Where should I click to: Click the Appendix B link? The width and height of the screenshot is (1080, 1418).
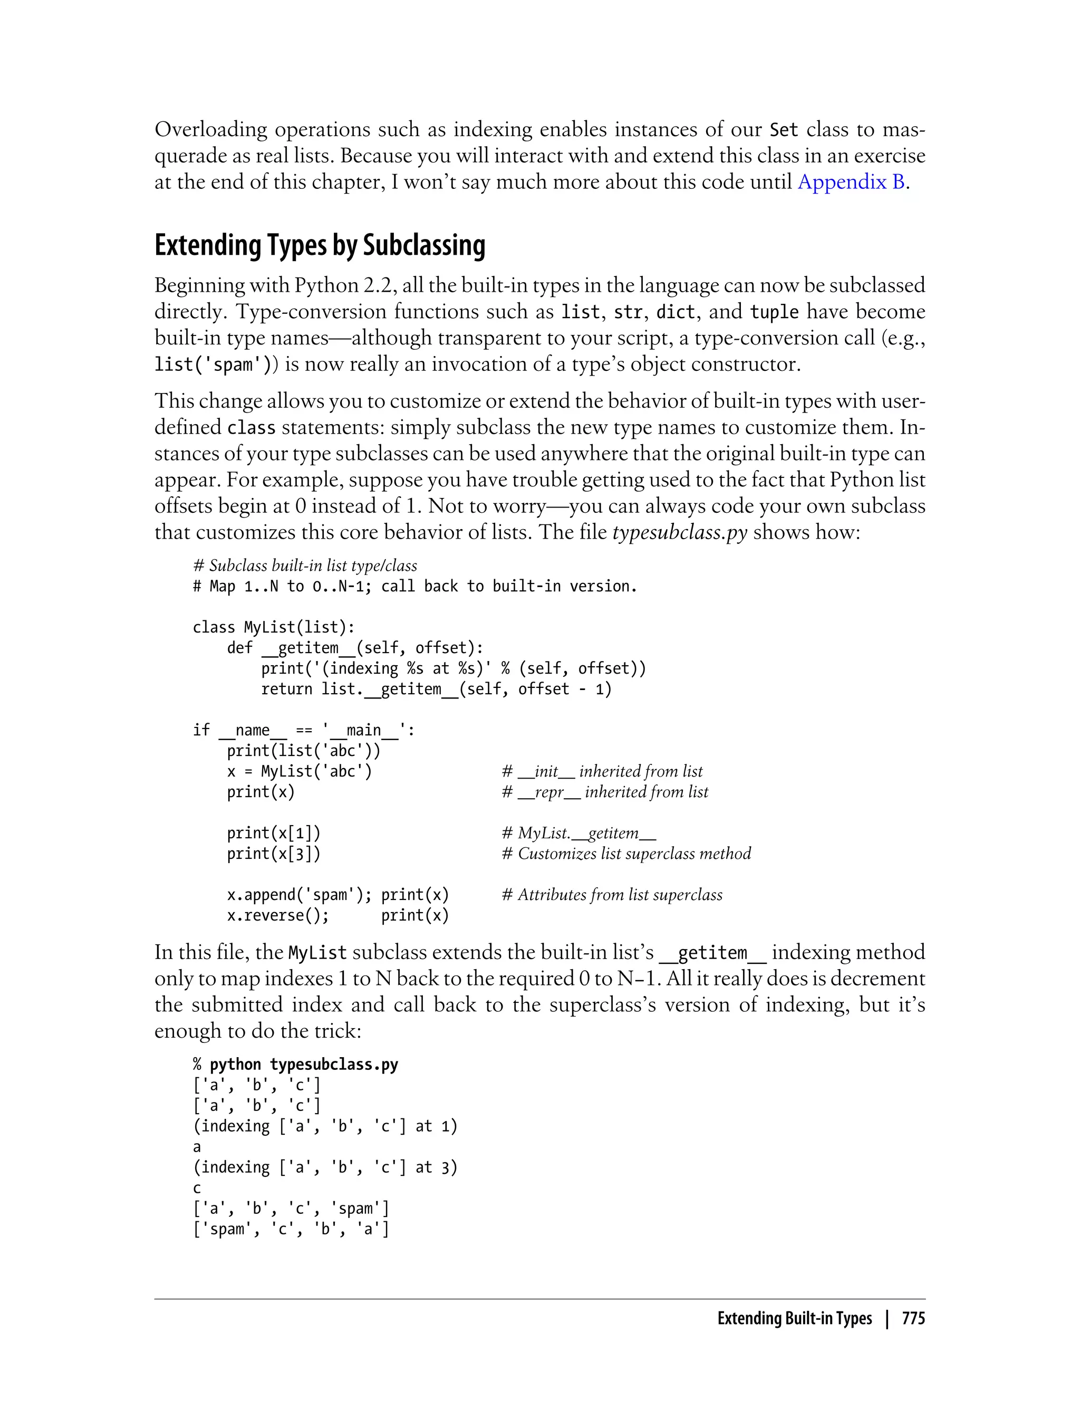[851, 183]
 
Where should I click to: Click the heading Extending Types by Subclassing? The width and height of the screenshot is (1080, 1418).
[320, 246]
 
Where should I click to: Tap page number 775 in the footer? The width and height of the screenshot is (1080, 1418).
[913, 1318]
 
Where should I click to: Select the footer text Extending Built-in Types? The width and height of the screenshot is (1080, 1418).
[794, 1318]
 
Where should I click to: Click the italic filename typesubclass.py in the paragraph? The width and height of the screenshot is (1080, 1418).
[680, 532]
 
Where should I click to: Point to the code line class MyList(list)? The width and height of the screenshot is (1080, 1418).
[273, 627]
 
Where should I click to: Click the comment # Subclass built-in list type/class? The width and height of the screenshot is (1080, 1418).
[305, 566]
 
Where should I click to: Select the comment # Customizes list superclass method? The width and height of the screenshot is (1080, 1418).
[625, 854]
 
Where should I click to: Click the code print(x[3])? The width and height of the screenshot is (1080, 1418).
[273, 854]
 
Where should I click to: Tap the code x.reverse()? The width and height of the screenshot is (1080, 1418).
[278, 915]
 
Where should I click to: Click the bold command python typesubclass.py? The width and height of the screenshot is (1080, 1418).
[303, 1065]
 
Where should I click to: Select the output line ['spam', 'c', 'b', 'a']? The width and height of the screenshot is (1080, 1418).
[291, 1229]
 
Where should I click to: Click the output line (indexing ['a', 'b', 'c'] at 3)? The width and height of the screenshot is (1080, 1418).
[325, 1167]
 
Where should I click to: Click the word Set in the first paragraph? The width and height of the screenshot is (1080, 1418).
[784, 130]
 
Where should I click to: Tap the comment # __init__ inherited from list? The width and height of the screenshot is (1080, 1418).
[602, 771]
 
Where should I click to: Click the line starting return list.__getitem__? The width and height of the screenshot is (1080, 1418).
[436, 689]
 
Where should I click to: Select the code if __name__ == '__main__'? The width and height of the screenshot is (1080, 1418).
[303, 730]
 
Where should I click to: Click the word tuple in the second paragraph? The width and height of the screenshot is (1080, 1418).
[774, 312]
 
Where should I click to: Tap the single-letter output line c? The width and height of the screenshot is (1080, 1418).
[197, 1189]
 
